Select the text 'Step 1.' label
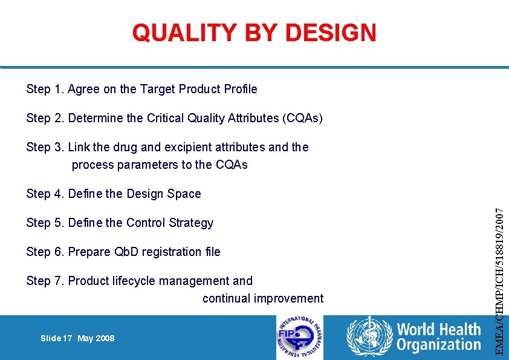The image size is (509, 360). (45, 90)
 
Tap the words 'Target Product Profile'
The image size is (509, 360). (198, 90)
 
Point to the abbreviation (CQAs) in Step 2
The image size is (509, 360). (302, 119)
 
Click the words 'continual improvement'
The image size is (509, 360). (263, 298)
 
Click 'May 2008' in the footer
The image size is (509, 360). (96, 338)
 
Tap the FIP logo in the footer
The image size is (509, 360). (299, 338)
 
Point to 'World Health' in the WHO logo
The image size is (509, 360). (438, 330)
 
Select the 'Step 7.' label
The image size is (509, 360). (45, 281)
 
